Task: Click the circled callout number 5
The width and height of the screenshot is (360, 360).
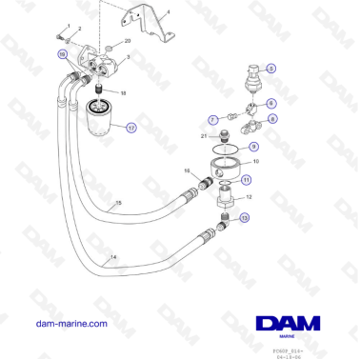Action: click(270, 68)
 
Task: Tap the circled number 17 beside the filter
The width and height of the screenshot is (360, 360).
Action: click(131, 126)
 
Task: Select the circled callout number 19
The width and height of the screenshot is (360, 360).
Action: click(63, 56)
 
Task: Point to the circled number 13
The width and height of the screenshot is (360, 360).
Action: click(244, 218)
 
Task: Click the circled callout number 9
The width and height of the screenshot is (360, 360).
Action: click(253, 147)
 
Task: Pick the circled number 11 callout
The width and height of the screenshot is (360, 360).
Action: click(247, 178)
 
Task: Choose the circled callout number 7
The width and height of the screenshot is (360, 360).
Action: click(214, 119)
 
